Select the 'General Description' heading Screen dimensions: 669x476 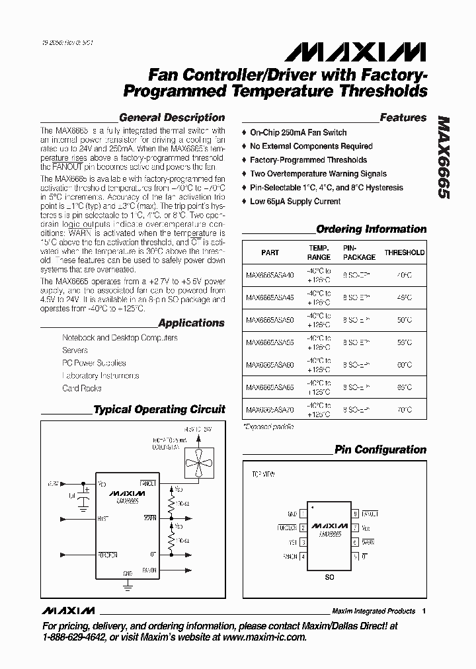171,118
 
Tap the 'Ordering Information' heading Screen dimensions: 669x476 371,229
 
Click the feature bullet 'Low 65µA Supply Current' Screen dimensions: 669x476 295,202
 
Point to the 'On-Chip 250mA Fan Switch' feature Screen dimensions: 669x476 297,132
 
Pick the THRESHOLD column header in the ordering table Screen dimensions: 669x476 405,253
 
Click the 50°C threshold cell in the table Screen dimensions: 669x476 404,320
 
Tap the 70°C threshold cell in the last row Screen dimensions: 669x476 404,410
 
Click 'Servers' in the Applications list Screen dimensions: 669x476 75,350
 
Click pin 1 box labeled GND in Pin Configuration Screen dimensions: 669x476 303,513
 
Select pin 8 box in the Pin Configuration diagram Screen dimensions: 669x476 355,513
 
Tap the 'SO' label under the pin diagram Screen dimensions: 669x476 329,576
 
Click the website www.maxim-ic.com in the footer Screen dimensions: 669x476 266,637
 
